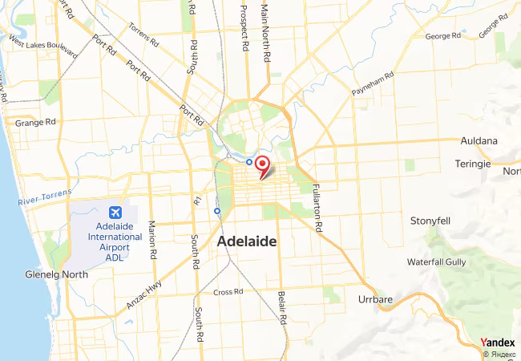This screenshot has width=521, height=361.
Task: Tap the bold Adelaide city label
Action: pos(248,241)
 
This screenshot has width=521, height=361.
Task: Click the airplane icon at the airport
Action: pos(115,213)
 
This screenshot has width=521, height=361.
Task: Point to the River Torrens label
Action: pos(45,197)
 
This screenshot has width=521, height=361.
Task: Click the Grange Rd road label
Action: pos(35,123)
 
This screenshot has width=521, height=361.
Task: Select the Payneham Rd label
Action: pos(373,84)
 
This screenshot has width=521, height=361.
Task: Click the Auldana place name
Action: pos(479,141)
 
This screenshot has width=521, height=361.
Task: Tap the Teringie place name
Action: pos(473,164)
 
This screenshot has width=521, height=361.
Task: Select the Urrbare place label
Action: pos(374,300)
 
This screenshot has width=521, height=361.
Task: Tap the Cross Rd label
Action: pos(228,292)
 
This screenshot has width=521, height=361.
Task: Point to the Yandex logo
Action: pos(498,343)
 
